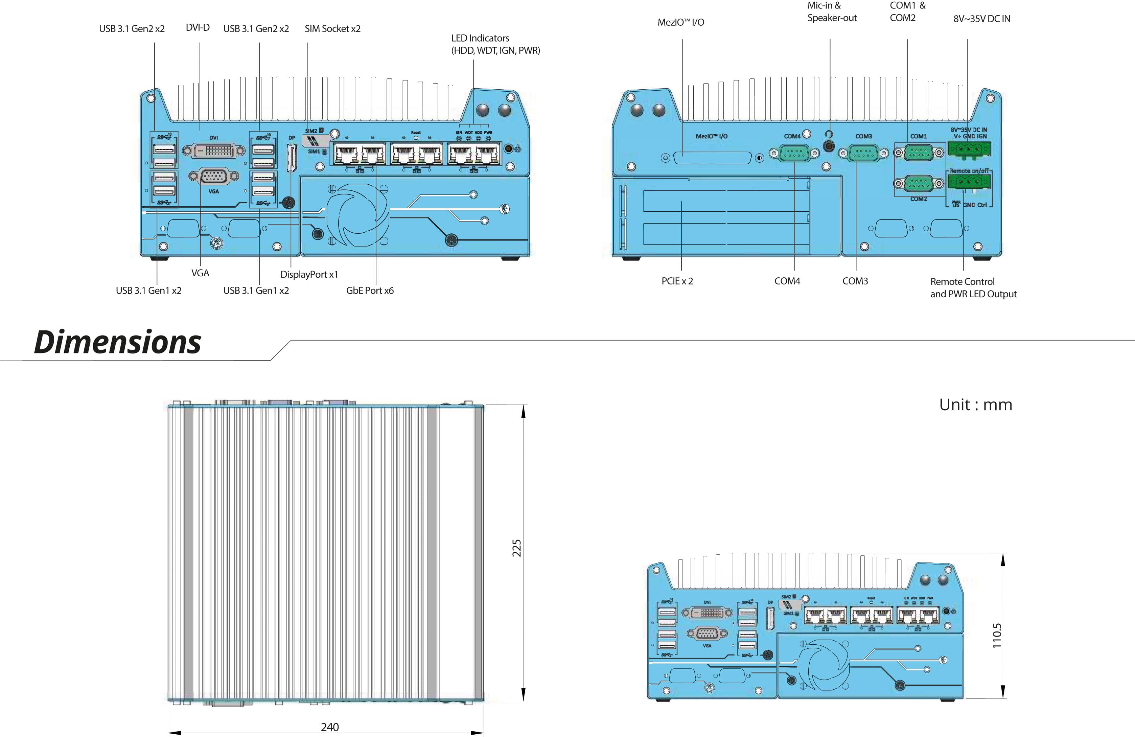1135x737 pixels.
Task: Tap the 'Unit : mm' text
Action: (975, 405)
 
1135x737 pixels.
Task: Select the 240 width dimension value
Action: (329, 727)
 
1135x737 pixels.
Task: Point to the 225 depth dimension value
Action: (516, 548)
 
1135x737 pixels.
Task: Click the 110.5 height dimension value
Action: (997, 636)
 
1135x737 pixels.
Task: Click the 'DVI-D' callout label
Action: (198, 28)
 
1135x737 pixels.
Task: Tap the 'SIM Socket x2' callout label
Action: (332, 29)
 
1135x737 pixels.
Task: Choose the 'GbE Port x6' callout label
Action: (370, 291)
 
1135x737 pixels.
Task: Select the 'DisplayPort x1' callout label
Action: (309, 274)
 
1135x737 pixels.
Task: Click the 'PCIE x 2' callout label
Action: (677, 281)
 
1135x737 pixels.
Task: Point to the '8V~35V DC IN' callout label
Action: (981, 19)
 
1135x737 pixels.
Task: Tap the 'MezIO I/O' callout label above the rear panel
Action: (680, 22)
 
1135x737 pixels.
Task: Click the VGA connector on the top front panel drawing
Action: (214, 177)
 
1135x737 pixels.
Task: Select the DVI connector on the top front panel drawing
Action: (214, 151)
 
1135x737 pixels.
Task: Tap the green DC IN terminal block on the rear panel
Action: (969, 149)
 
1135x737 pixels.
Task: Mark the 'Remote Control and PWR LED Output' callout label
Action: (973, 287)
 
